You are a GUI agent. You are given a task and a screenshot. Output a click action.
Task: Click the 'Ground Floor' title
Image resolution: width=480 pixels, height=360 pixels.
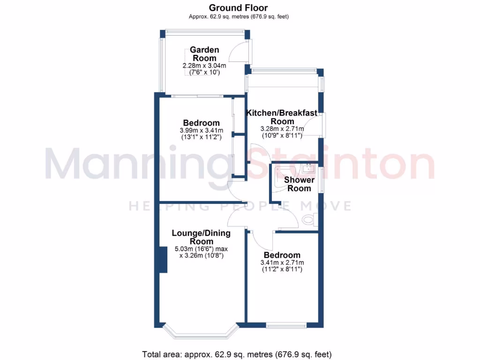point(238,7)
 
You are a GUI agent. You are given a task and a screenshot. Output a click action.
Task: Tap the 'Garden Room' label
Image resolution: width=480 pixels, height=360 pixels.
point(204,54)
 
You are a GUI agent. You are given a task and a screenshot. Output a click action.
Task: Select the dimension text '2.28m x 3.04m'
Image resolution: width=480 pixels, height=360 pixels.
point(204,66)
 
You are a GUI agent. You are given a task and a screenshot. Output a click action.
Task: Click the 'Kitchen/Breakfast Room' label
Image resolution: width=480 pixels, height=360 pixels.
point(282,117)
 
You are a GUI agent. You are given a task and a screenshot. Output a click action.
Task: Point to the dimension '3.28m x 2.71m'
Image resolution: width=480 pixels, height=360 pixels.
point(282,128)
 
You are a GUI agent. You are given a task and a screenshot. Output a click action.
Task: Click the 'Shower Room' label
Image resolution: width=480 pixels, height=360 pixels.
point(299,184)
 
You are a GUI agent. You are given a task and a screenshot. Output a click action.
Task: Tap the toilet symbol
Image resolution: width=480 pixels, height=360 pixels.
point(310,219)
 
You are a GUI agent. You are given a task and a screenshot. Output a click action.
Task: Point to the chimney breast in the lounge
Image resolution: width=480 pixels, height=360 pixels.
point(163,259)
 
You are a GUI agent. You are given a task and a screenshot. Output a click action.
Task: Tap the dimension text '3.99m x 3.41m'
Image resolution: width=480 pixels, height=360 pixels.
point(201,130)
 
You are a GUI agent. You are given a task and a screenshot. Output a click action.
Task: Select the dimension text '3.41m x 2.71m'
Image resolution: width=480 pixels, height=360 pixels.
point(282,262)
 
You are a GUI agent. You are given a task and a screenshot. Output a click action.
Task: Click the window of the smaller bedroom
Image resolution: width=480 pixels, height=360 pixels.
point(287,325)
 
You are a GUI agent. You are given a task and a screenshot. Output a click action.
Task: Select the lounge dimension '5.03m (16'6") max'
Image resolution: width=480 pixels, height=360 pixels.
point(201,249)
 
